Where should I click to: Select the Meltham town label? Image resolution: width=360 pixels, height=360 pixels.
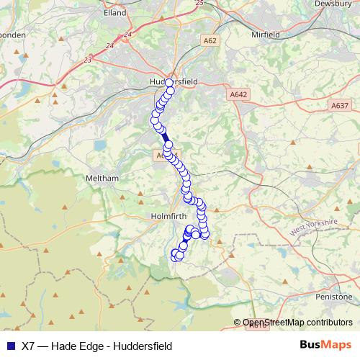pyautogui.click(x=100, y=178)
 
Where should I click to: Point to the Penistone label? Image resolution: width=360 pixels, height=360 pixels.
pyautogui.click(x=336, y=296)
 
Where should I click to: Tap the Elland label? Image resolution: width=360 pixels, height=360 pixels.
pyautogui.click(x=114, y=12)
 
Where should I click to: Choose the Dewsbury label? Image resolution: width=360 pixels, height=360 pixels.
pyautogui.click(x=333, y=4)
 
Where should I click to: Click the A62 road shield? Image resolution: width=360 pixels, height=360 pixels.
pyautogui.click(x=210, y=41)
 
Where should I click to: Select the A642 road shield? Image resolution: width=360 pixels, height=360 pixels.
pyautogui.click(x=239, y=94)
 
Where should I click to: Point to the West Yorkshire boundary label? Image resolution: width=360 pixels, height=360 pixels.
pyautogui.click(x=315, y=228)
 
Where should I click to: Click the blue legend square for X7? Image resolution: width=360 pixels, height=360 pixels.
pyautogui.click(x=9, y=346)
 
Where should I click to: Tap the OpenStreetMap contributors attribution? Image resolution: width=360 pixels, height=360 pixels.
pyautogui.click(x=297, y=323)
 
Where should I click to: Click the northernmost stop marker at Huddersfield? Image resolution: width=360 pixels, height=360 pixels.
pyautogui.click(x=170, y=83)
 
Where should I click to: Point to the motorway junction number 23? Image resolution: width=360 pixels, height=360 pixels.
pyautogui.click(x=88, y=60)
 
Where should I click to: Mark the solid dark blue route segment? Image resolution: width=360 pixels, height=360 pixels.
pyautogui.click(x=164, y=137)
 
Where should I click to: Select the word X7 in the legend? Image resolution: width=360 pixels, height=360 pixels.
pyautogui.click(x=29, y=346)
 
